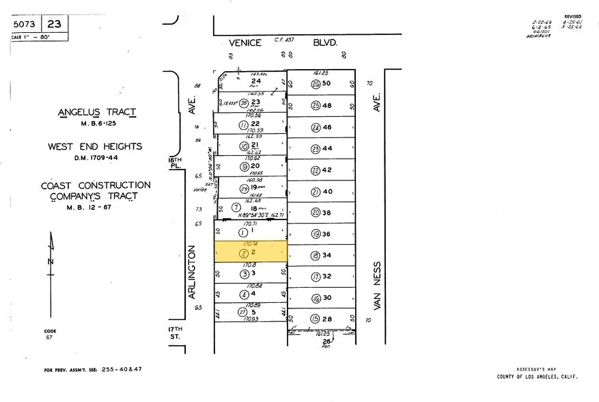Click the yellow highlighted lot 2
point(251,252)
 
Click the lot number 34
point(327,255)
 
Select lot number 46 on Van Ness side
point(327,127)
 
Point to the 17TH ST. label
point(176,333)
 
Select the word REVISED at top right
point(572,16)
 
